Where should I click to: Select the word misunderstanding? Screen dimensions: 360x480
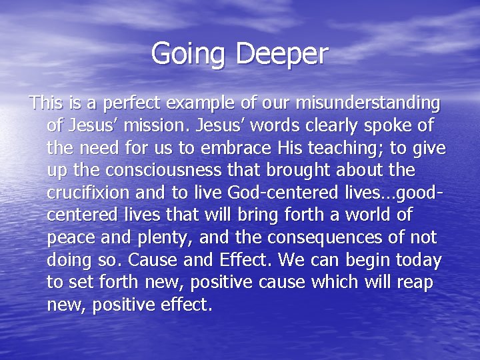coord(367,104)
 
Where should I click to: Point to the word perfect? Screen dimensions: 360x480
coord(131,104)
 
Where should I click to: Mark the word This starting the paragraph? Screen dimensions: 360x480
coord(45,104)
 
